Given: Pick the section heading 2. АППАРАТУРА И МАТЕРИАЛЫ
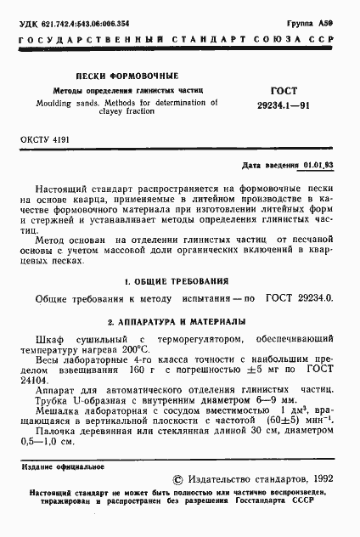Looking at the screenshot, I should pos(177,322).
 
